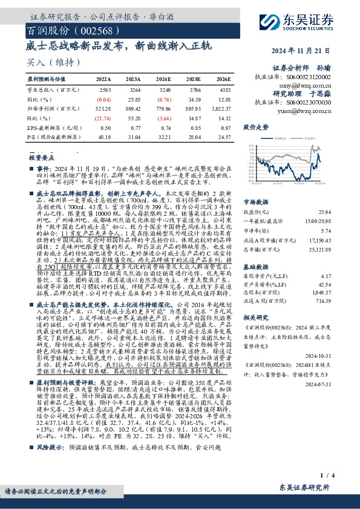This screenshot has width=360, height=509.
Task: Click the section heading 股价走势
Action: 255,128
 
